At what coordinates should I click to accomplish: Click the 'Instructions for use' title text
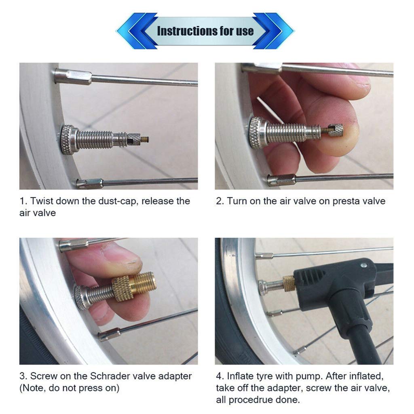pyautogui.click(x=205, y=31)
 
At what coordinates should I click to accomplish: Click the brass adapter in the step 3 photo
pyautogui.click(x=133, y=285)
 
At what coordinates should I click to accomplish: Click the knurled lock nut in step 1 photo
pyautogui.click(x=69, y=139)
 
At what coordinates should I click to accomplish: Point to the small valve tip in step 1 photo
pyautogui.click(x=144, y=139)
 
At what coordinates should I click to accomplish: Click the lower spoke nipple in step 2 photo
pyautogui.click(x=281, y=180)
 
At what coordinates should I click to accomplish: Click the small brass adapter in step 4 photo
pyautogui.click(x=289, y=284)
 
